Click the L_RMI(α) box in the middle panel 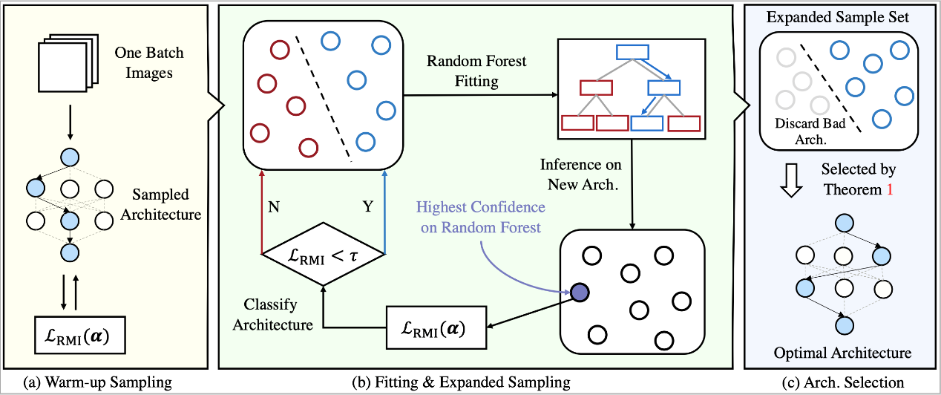(436, 327)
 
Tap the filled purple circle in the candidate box (579, 293)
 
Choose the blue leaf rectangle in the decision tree (646, 123)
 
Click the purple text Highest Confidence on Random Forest (482, 218)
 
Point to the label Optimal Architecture (842, 351)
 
